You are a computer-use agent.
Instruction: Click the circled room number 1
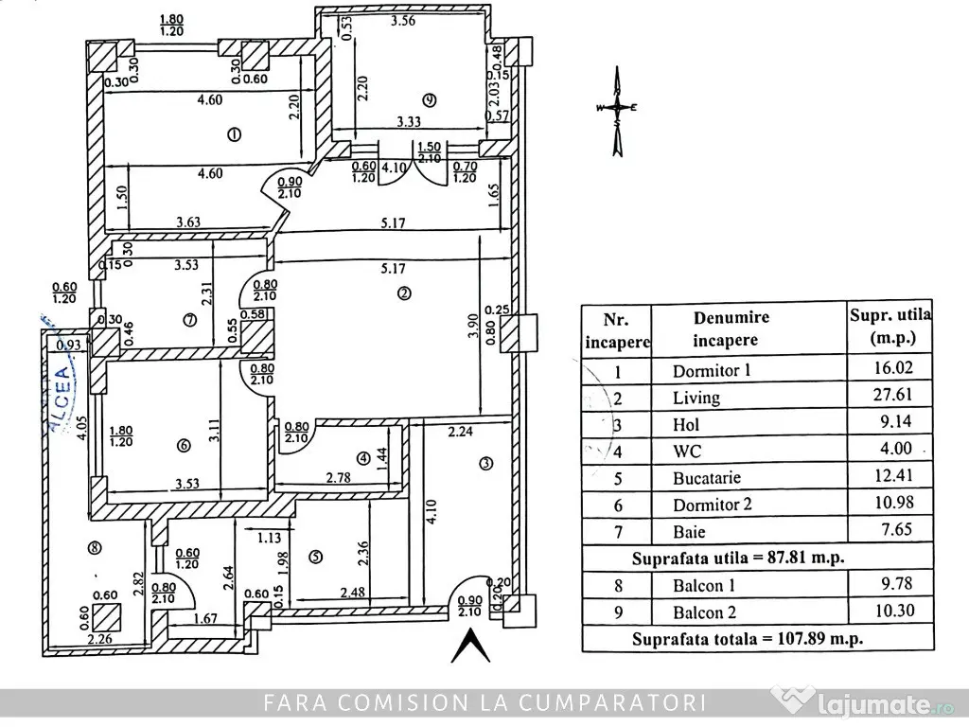(235, 134)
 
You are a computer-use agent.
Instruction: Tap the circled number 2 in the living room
(404, 293)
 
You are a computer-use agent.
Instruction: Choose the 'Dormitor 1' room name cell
(711, 370)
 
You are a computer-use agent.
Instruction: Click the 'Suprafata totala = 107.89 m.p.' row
(748, 638)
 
